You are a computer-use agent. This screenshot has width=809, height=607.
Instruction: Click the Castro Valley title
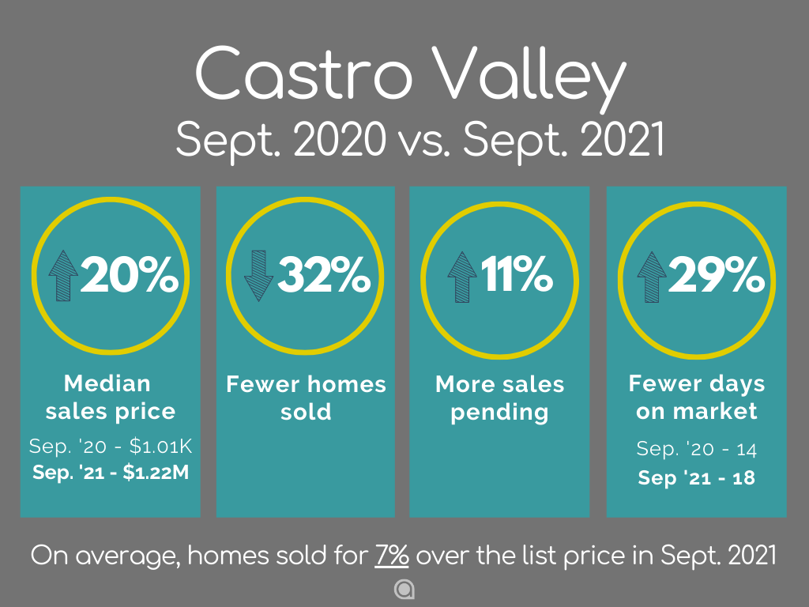[411, 76]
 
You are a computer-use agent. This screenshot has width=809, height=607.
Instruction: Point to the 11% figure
[517, 274]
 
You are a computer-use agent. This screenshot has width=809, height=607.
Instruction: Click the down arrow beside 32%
[258, 276]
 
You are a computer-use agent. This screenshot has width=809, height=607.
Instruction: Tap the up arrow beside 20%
[63, 276]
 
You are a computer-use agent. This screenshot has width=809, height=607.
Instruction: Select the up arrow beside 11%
[461, 277]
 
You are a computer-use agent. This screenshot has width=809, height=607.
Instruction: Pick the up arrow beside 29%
[652, 277]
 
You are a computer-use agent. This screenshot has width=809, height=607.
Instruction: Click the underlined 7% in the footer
[392, 556]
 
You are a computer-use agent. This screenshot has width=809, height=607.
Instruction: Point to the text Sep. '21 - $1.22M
[111, 473]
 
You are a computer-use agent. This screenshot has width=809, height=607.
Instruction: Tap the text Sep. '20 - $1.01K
[111, 446]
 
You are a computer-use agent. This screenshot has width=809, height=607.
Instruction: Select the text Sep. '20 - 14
[697, 449]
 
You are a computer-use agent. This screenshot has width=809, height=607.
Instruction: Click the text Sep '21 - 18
[697, 478]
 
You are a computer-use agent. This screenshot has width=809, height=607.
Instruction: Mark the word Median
[107, 383]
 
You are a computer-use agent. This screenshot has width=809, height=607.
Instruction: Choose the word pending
[499, 413]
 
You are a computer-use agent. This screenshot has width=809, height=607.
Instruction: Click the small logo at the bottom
[404, 590]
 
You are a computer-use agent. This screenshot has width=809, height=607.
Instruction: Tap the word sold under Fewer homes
[306, 412]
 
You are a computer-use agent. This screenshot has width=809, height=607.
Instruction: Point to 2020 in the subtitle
[340, 139]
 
